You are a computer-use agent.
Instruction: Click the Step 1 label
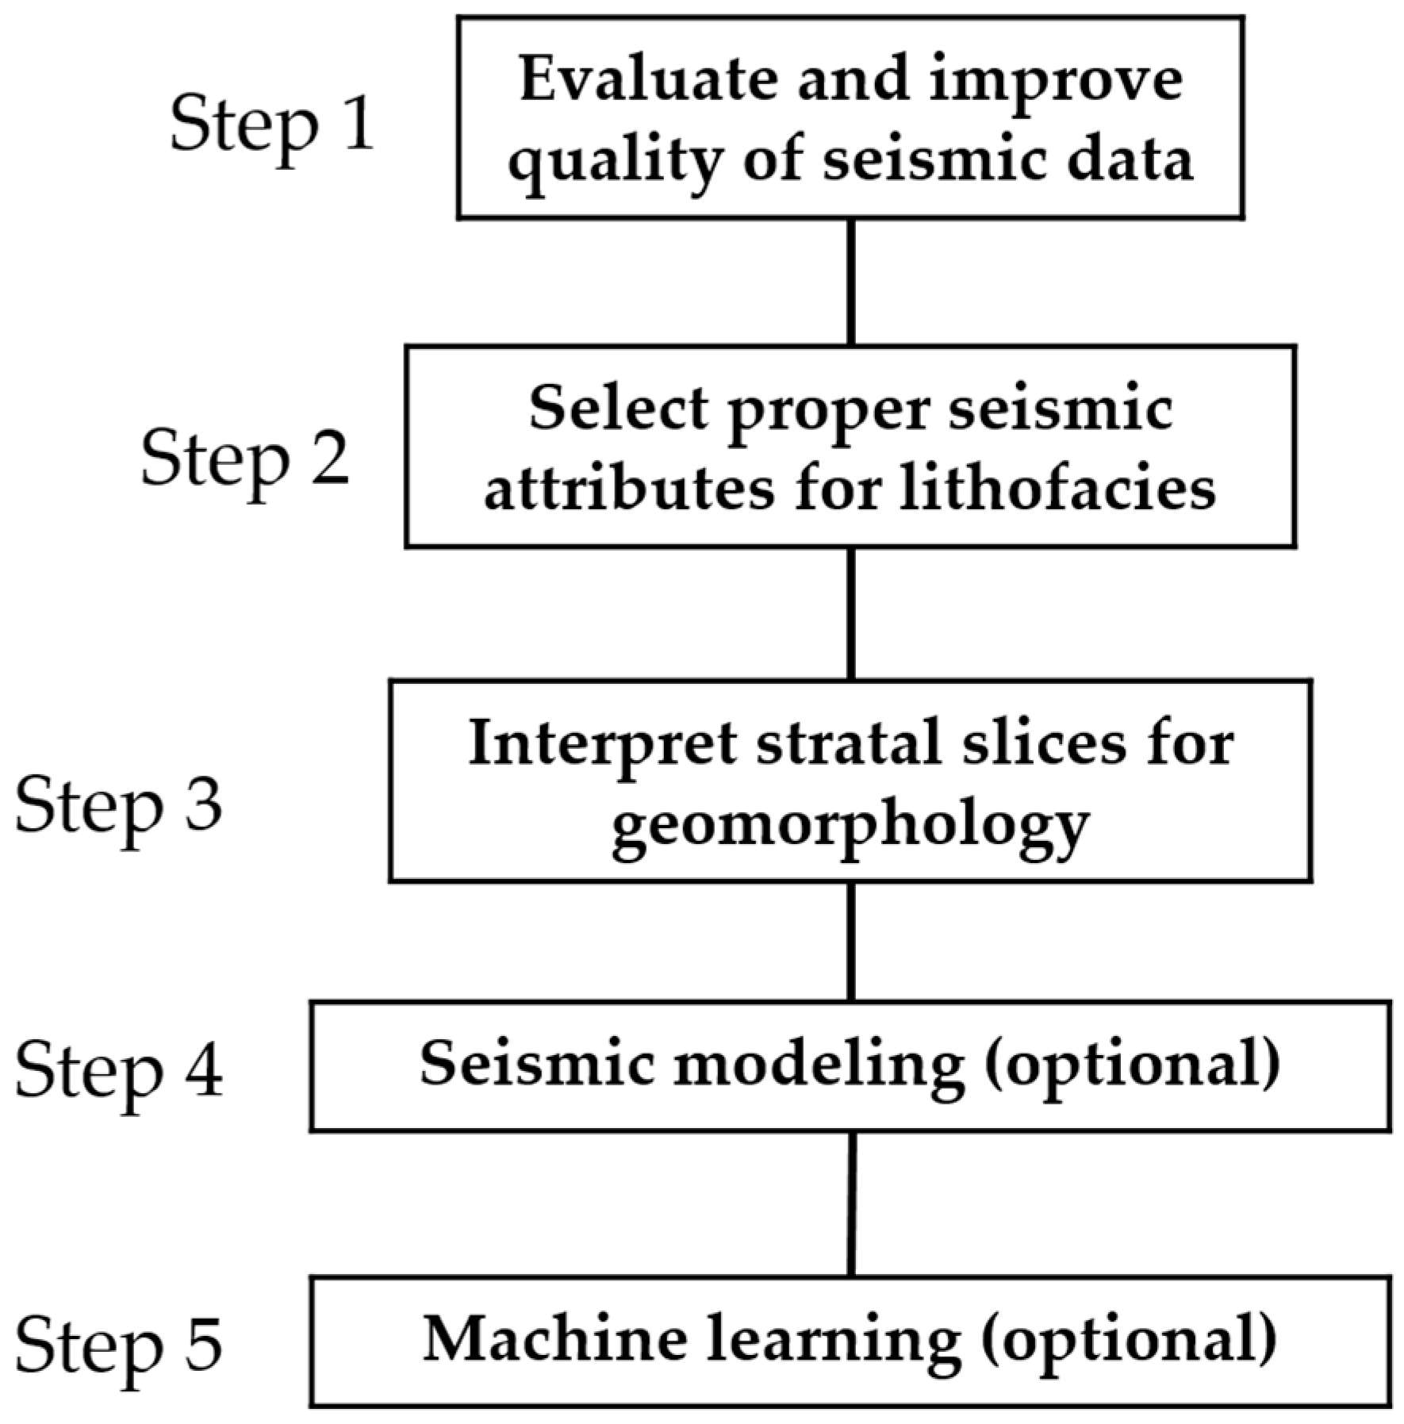[x=271, y=124]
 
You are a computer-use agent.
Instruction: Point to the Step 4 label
[x=119, y=1071]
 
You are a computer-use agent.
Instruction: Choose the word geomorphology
[x=850, y=827]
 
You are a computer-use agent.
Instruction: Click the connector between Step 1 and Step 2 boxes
[x=850, y=282]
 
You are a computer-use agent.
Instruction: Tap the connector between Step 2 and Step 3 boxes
[x=850, y=612]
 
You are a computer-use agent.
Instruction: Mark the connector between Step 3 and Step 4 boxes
[x=850, y=941]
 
